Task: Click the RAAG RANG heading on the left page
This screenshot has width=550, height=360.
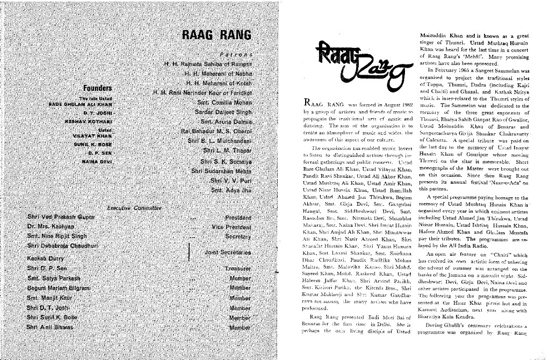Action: point(217,35)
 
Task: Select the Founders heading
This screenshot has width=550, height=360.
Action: point(97,88)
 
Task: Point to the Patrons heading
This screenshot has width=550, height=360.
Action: point(236,54)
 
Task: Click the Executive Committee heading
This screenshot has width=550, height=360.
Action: point(134,207)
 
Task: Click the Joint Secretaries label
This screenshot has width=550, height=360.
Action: point(228,251)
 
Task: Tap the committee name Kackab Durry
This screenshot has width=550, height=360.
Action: point(45,257)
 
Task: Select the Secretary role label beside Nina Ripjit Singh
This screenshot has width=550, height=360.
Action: point(238,236)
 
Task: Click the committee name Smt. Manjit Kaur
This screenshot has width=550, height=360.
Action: point(49,298)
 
